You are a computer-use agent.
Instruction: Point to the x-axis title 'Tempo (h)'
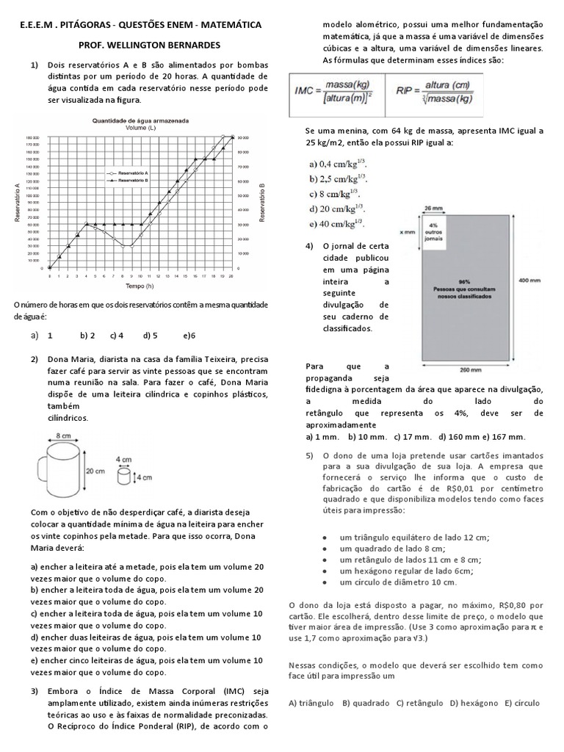140,285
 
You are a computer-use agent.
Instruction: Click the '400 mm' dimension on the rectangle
530,281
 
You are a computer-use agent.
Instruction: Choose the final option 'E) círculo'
521,703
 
